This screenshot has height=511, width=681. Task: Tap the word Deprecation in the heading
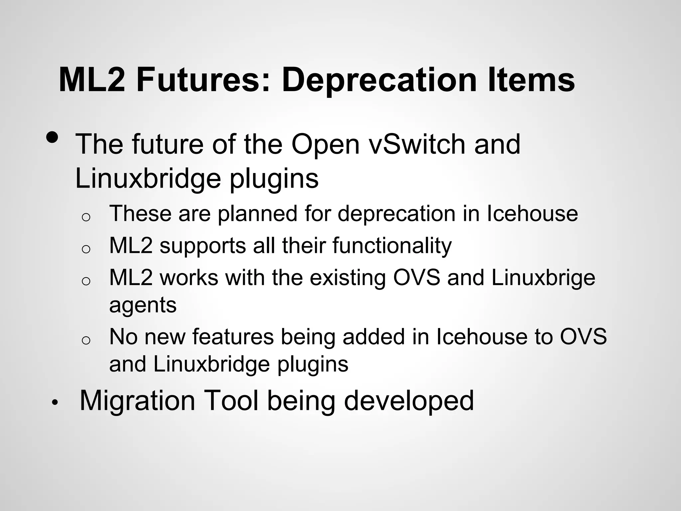pyautogui.click(x=379, y=80)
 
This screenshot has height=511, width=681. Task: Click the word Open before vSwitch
pyautogui.click(x=326, y=145)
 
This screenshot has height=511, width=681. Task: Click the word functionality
pyautogui.click(x=392, y=246)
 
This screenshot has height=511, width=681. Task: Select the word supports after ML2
pyautogui.click(x=203, y=246)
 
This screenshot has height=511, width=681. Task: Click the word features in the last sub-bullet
pyautogui.click(x=233, y=337)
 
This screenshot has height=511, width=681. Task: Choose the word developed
pyautogui.click(x=409, y=401)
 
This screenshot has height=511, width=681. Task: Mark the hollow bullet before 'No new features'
pyautogui.click(x=86, y=340)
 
